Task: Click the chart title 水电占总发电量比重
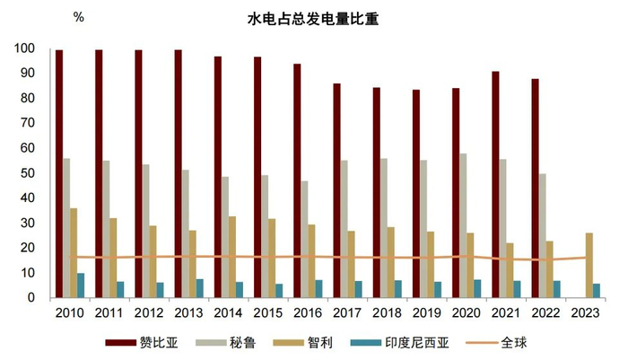coord(314,18)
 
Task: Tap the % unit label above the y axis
coord(78,17)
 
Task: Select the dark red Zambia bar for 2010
coord(59,173)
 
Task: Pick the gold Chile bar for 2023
coord(589,265)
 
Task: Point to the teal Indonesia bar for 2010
coord(81,285)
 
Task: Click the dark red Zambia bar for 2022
coord(535,188)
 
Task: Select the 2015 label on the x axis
coord(266,312)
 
